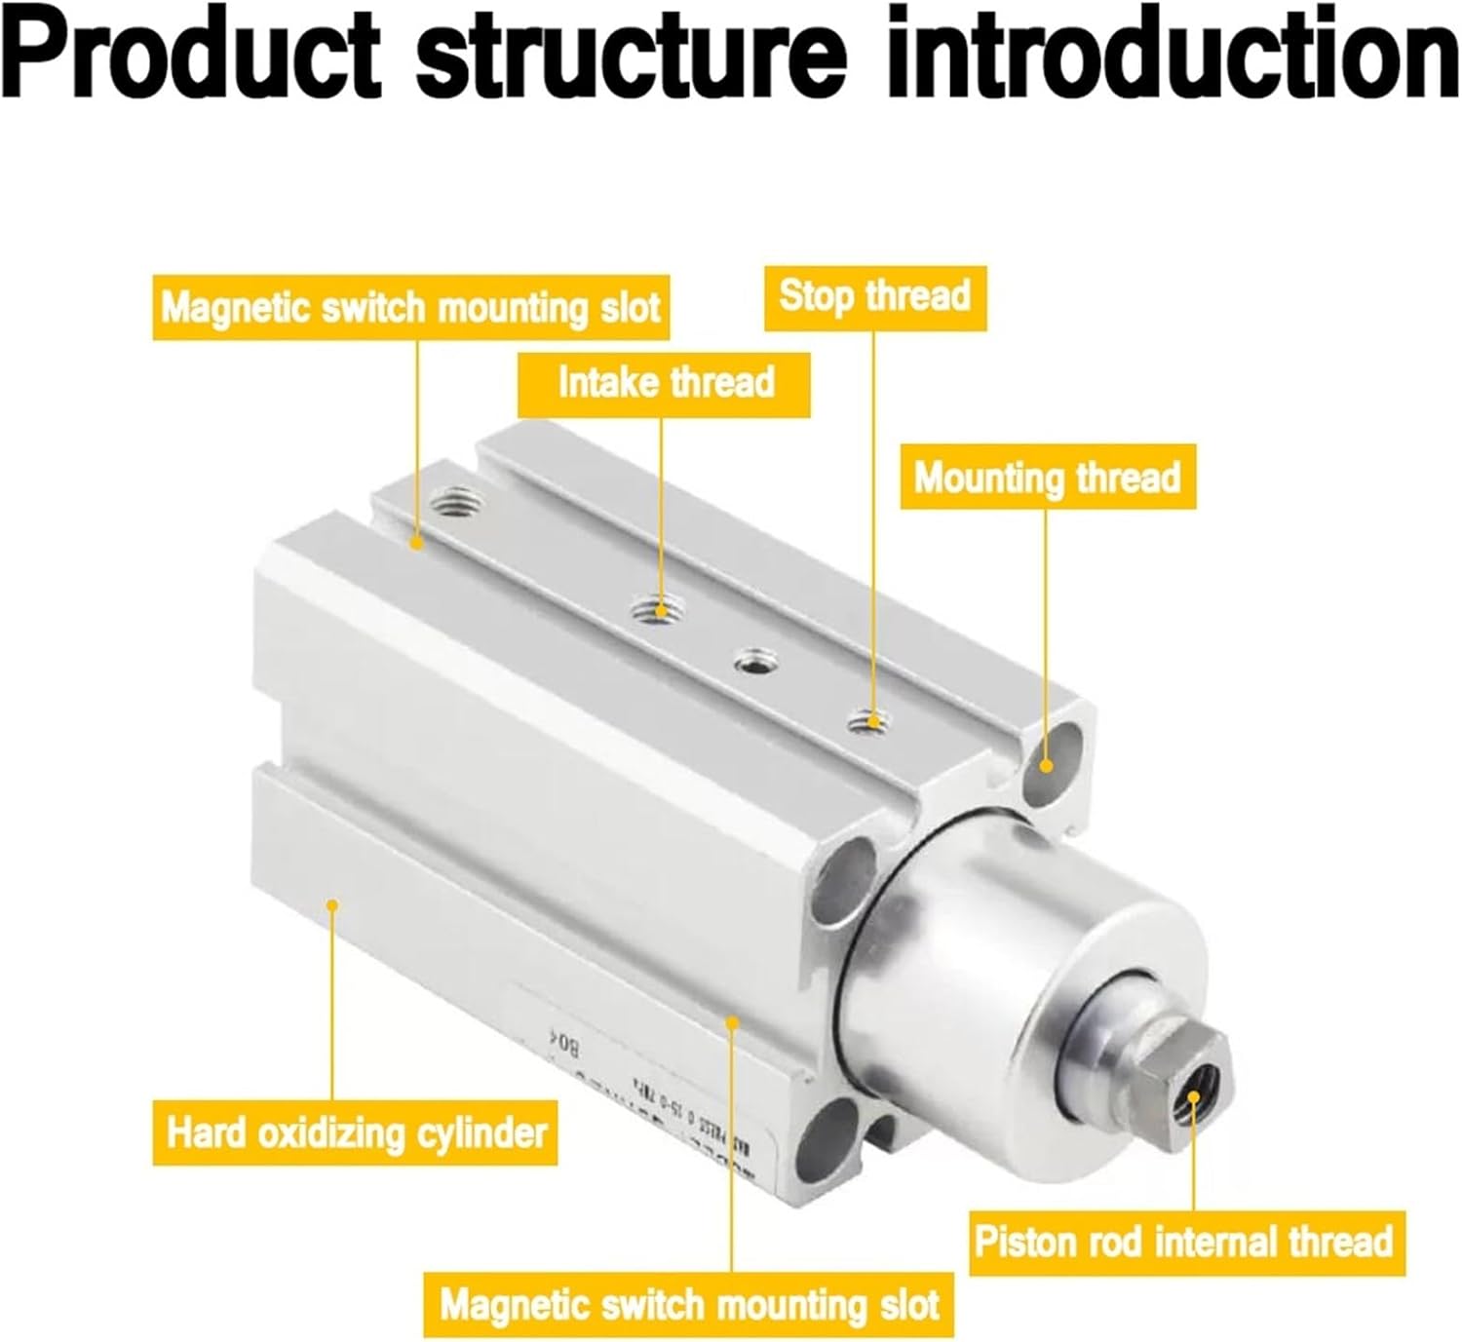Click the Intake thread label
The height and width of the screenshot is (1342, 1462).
[665, 383]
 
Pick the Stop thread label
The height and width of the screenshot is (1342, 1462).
[874, 296]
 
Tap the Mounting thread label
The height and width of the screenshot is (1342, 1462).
[1047, 478]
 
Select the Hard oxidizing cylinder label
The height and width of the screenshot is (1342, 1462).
[355, 1132]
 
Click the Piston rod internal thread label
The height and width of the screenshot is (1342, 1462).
[1185, 1242]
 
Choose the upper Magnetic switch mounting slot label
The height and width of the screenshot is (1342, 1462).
[410, 308]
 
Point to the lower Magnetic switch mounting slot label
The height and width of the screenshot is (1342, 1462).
[689, 1304]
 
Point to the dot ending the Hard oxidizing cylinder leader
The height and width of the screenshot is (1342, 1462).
[331, 905]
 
